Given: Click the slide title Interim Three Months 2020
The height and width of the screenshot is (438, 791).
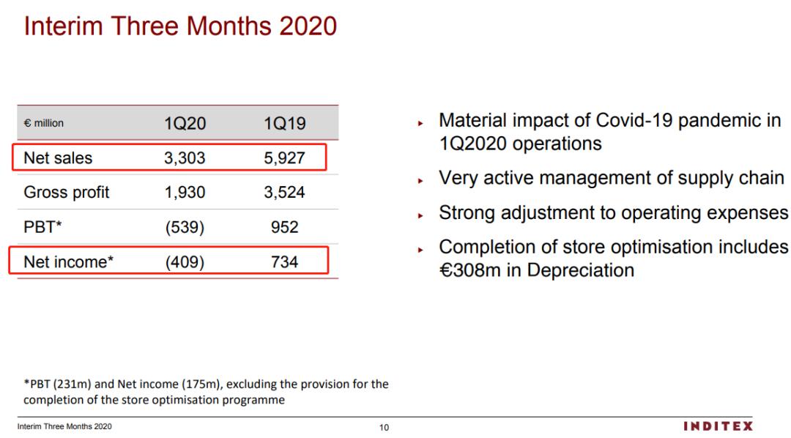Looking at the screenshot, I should (x=180, y=26).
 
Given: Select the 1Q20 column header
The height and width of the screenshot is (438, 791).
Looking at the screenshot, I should (x=185, y=124).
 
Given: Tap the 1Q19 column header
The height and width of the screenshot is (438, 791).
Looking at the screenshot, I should (x=284, y=124).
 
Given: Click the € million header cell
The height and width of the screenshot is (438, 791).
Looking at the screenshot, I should (x=44, y=123).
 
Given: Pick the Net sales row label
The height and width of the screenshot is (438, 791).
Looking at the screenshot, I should (x=59, y=158).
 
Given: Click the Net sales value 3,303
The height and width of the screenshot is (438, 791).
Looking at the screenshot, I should (x=185, y=158).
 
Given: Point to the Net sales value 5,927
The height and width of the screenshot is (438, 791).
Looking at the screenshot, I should (x=284, y=158).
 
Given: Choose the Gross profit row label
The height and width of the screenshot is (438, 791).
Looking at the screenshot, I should (x=67, y=193).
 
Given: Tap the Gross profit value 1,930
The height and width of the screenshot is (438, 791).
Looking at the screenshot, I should (x=185, y=193).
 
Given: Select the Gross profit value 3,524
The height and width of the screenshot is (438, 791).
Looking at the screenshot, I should (x=284, y=193).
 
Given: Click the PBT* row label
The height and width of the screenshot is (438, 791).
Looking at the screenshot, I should (x=42, y=227).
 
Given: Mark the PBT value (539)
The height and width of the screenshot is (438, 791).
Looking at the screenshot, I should (x=185, y=227).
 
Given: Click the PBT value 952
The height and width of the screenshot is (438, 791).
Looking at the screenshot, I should (x=284, y=227).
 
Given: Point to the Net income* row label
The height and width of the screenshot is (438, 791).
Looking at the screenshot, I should (x=69, y=261).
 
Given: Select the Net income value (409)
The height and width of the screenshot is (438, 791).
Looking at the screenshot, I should (x=185, y=261).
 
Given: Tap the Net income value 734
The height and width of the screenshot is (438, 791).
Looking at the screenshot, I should (x=284, y=261).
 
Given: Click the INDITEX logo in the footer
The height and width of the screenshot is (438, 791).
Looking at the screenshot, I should (x=718, y=426).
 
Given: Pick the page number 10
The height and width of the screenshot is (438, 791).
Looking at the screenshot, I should (x=385, y=428).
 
